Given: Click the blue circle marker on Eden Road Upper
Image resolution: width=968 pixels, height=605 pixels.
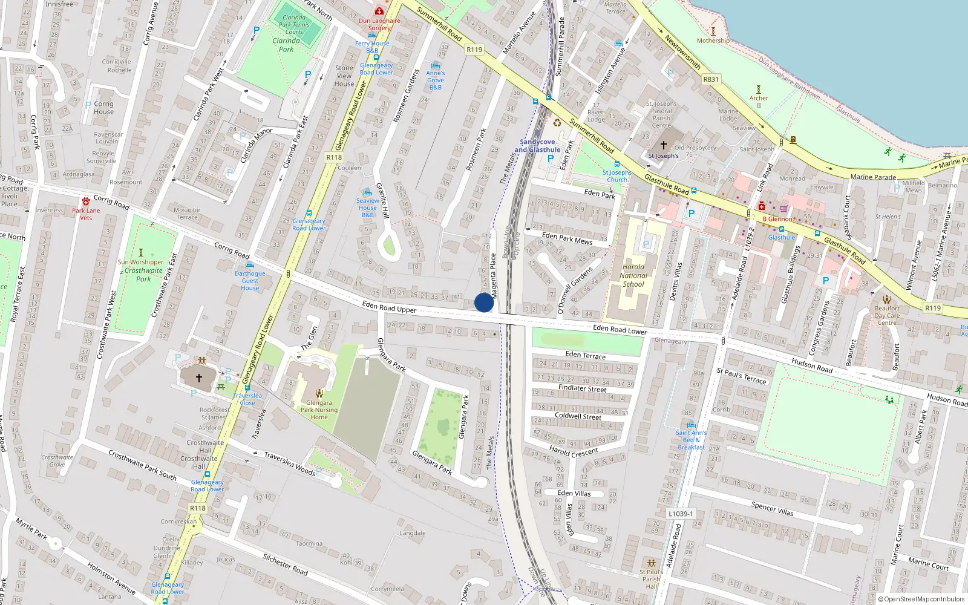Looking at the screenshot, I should pos(483,302).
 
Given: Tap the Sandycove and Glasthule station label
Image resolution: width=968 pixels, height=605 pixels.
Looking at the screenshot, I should pos(537,146).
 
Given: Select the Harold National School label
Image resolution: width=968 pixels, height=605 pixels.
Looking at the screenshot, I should pos(633,275).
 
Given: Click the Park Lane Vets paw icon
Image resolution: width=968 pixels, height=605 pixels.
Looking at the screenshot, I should pos(86,201).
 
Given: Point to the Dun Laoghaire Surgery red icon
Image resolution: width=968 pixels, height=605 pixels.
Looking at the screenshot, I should pos(379,11).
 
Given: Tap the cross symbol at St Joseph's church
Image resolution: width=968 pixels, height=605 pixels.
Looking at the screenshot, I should pos(663,145).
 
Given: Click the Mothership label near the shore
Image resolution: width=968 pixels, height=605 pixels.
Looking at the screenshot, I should pos(713,41).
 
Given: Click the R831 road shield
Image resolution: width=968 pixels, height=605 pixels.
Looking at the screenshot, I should pos(711,79).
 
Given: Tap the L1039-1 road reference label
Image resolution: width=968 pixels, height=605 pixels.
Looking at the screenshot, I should pos(681,514).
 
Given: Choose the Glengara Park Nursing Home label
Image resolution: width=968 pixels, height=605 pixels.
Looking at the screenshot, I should pos(319,410).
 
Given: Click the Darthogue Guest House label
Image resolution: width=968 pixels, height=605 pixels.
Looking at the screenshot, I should pos(250,281).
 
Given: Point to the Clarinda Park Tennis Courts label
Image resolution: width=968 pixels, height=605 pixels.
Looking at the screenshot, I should pos(294,25).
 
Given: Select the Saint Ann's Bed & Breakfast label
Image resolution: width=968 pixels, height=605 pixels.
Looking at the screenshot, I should pos(691,440).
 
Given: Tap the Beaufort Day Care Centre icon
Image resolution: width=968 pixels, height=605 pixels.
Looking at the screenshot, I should pos(887,299).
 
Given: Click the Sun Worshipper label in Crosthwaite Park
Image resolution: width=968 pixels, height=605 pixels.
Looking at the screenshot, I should pos(140,262).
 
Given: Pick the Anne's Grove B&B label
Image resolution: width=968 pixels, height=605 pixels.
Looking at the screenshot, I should pos(435,80).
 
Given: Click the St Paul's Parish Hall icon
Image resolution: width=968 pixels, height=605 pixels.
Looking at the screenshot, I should pos(652,563).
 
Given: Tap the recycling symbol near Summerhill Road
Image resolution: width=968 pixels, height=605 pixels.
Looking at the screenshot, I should pos(557,123).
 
